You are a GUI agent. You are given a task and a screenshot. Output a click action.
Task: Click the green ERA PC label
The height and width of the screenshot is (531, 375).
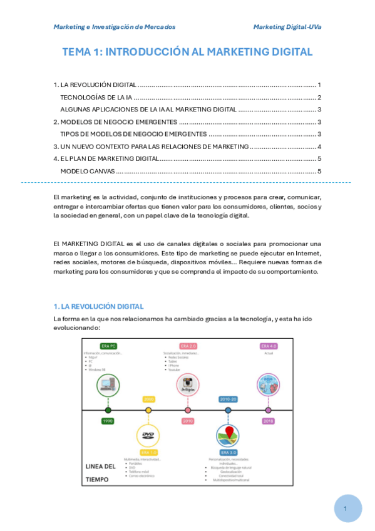(109, 346)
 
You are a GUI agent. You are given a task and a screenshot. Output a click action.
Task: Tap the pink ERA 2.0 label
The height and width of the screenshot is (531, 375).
(188, 346)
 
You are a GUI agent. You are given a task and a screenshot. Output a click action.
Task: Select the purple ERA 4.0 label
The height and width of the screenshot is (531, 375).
(269, 346)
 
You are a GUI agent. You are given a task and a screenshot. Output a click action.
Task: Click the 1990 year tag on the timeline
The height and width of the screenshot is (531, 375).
(108, 421)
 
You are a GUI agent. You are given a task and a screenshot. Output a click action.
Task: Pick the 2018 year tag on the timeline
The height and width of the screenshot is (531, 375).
(268, 421)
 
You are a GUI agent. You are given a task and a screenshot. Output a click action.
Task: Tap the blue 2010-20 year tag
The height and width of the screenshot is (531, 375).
(228, 399)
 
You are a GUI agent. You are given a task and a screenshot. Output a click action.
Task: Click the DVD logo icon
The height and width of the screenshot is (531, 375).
(148, 435)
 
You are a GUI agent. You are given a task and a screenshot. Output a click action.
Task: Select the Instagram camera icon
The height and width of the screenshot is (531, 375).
(188, 384)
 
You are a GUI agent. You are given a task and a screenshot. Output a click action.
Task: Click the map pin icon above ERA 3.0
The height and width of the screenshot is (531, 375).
(228, 435)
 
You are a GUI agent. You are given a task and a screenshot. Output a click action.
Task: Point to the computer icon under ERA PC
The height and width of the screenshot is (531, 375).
(108, 384)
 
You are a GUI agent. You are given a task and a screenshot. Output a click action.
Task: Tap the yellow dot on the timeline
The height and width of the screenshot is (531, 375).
(148, 410)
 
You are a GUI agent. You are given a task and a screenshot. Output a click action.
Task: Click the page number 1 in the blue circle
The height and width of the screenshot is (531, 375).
(345, 508)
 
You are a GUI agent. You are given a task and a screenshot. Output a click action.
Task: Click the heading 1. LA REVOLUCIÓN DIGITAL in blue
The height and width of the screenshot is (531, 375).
(99, 306)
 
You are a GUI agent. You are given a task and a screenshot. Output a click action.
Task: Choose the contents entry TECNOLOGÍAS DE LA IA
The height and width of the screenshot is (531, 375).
(96, 97)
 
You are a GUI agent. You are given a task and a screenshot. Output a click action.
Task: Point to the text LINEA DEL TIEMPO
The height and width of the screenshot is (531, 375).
(100, 473)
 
